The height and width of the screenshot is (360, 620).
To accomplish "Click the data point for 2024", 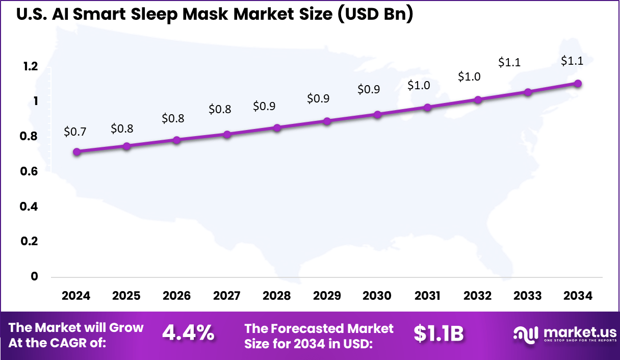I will click(x=76, y=152).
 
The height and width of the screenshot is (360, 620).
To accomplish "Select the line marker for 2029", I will click(x=327, y=121).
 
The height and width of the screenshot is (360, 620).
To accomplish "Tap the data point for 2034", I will click(x=578, y=84).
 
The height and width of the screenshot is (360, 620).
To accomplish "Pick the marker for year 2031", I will click(x=427, y=108).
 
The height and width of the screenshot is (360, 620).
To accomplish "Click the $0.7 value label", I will click(x=75, y=132).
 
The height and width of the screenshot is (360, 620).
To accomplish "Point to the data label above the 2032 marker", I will click(x=469, y=76).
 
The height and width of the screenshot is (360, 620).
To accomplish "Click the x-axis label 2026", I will click(x=176, y=296).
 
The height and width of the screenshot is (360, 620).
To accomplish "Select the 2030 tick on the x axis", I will click(x=377, y=296).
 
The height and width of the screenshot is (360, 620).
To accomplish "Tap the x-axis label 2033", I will click(x=528, y=296).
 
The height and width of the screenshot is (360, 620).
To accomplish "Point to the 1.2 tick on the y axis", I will click(x=30, y=66).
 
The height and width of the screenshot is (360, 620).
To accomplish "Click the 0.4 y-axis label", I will click(x=30, y=207).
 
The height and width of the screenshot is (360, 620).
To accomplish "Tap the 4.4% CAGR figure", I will click(x=188, y=333).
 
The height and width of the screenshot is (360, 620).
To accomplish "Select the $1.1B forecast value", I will click(x=438, y=333).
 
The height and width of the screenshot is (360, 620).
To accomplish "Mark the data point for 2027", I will click(x=227, y=135).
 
